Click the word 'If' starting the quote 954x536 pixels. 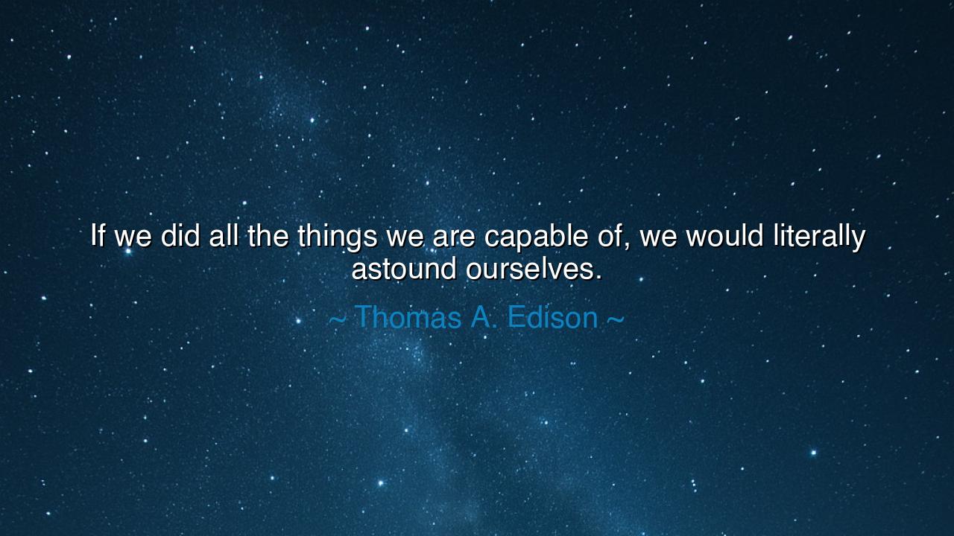(97, 236)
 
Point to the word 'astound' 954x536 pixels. (403, 269)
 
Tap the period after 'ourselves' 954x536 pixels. (598, 278)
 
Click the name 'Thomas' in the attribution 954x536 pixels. (408, 318)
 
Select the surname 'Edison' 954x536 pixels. (552, 318)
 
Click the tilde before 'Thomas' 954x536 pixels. (337, 319)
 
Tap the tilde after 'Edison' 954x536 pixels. (615, 319)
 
